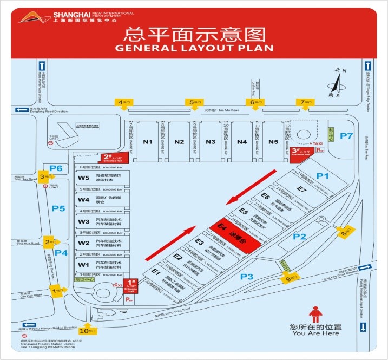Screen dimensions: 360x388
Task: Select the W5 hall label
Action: tap(83, 178)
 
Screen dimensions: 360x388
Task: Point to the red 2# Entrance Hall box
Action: tap(112, 158)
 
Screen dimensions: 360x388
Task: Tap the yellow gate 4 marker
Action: tap(123, 102)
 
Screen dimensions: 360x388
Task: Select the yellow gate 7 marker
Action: tap(304, 102)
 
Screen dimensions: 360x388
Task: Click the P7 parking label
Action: tap(346, 136)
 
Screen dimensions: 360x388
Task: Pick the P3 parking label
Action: tap(247, 277)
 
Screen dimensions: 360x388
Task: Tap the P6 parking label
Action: tap(56, 168)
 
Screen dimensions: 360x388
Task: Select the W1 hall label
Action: tap(83, 264)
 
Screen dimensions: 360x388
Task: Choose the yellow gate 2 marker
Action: tap(50, 242)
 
